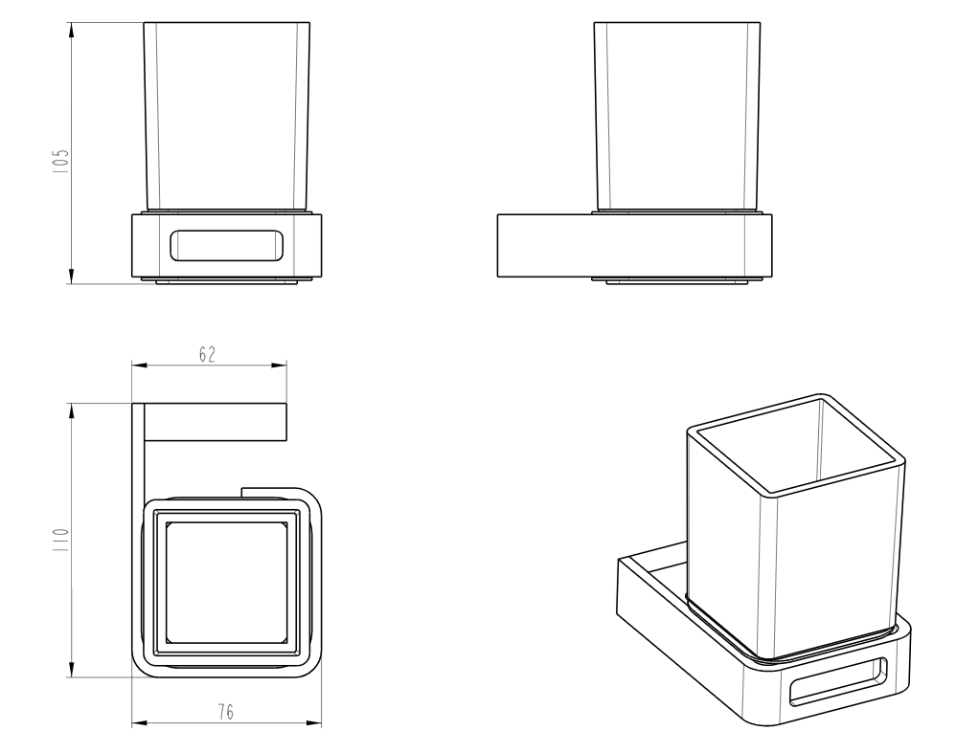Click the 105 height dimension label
pos(61,162)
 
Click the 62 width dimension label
pos(207,355)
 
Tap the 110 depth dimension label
pos(61,540)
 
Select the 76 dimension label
pos(225,712)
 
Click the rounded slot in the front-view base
pos(227,246)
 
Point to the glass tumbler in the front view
pos(227,117)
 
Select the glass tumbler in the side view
pos(676,117)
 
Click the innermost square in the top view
pos(225,583)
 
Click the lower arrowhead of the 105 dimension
pos(71,275)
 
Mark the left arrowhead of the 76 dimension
pos(141,723)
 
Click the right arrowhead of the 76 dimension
pos(313,723)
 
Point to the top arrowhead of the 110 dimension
pos(71,412)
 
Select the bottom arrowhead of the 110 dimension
pos(71,668)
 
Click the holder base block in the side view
pos(635,246)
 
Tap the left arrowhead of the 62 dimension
pos(141,365)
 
